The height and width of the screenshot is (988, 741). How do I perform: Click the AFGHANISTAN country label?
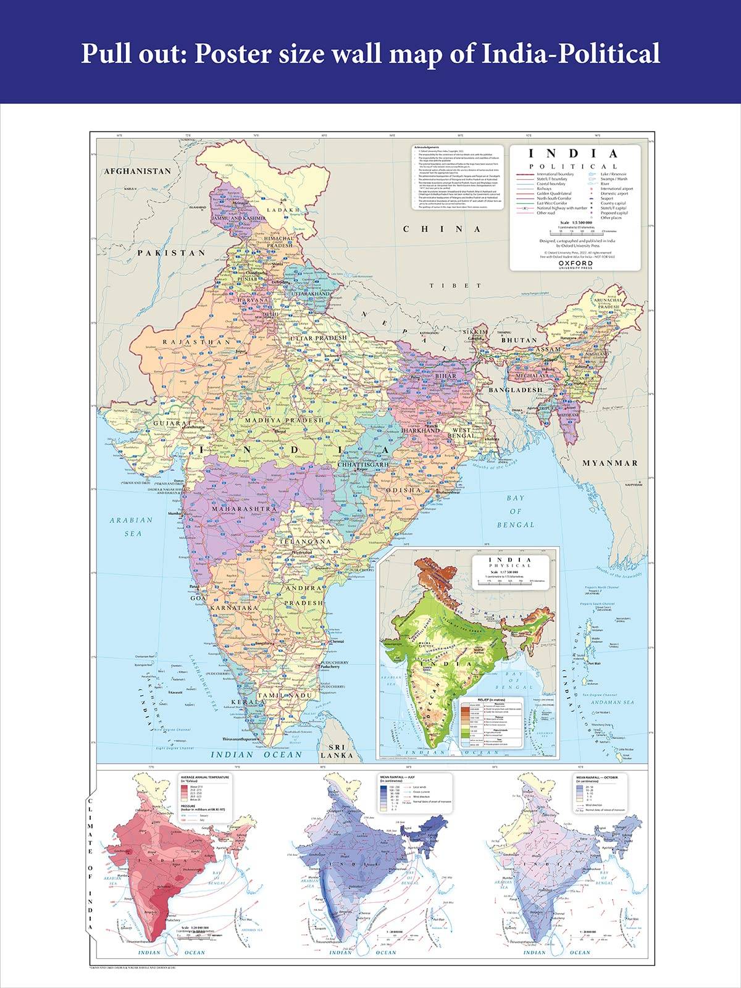click(x=137, y=171)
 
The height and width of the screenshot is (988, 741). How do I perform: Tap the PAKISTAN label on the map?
click(x=171, y=253)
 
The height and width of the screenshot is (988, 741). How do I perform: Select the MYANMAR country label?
click(x=610, y=463)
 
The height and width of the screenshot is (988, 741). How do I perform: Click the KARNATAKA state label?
click(x=234, y=608)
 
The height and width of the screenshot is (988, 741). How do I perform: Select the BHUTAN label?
click(x=519, y=340)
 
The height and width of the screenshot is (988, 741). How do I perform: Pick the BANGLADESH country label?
click(x=516, y=390)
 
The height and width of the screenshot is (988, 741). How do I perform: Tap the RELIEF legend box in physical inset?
click(x=492, y=724)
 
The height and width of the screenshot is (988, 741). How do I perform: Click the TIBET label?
click(x=470, y=285)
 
